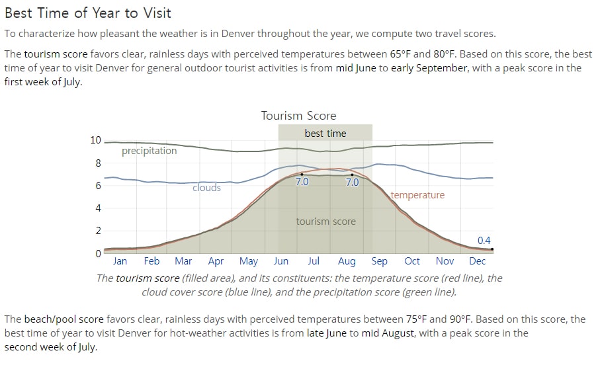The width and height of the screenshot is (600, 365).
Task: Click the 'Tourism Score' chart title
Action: coord(298,116)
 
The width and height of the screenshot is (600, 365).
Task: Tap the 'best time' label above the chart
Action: coord(325,133)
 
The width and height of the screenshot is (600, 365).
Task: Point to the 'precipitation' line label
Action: coord(150,151)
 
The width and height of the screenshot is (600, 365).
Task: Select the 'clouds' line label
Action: coord(206,188)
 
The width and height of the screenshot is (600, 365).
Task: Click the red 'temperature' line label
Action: coord(417,195)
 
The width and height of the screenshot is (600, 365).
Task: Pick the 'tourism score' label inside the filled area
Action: coord(326,221)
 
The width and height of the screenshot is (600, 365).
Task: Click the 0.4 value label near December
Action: coord(484,240)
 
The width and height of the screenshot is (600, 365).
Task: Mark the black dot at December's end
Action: coord(492,249)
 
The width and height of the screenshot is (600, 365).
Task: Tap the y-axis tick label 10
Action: coord(96,140)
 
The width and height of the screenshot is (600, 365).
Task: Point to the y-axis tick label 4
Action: coord(99,208)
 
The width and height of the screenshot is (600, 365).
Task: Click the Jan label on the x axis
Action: coord(120,261)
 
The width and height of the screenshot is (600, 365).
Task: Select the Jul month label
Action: coord(314,261)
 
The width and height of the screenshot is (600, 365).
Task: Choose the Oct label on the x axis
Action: coord(412,261)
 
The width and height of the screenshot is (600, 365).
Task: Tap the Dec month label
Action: coord(477,261)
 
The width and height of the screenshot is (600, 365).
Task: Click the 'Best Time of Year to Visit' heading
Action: coord(88,13)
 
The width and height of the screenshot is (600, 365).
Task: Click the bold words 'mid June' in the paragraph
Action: coord(356,68)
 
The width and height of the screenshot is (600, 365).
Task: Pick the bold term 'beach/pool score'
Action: coord(64,319)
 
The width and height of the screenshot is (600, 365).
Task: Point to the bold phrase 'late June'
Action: coord(327,333)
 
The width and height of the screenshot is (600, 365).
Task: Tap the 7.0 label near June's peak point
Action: coord(302,181)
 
